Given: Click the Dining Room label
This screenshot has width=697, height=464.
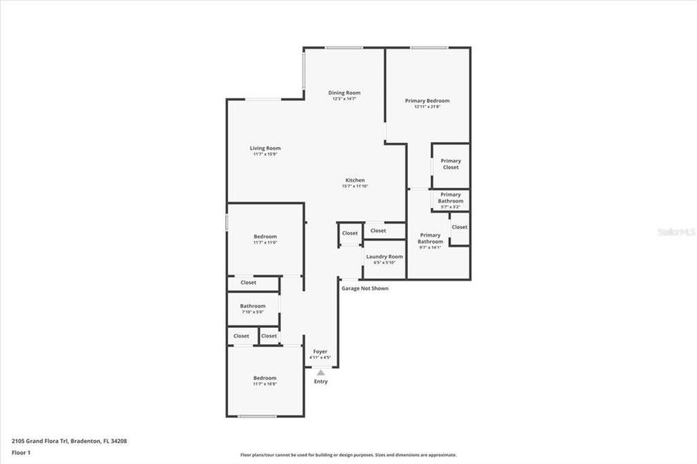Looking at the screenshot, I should click(x=344, y=93).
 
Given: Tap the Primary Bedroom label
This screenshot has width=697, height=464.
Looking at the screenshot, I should click(x=427, y=101).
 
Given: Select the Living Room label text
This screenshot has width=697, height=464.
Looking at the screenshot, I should click(x=265, y=148).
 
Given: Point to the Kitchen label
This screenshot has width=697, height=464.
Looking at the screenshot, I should click(x=354, y=180).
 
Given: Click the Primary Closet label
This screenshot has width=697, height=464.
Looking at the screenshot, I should click(x=450, y=164).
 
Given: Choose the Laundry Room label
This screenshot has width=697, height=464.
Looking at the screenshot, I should click(x=384, y=256).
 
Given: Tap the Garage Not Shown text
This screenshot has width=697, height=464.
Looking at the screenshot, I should click(x=365, y=288).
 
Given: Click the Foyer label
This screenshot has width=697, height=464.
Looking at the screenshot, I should click(x=320, y=351).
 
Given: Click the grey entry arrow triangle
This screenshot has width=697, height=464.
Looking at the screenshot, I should click(x=320, y=372).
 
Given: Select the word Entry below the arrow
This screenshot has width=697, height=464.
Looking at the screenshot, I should click(x=320, y=381).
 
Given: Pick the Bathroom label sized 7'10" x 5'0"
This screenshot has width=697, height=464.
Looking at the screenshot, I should click(x=252, y=305).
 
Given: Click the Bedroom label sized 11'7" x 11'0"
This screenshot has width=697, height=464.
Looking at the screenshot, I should click(x=265, y=237).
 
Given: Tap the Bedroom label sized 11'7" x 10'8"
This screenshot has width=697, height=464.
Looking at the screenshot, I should click(x=265, y=377).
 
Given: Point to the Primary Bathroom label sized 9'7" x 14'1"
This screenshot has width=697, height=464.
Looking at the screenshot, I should click(x=430, y=238).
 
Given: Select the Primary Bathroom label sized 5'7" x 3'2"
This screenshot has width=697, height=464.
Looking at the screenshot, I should click(x=450, y=198).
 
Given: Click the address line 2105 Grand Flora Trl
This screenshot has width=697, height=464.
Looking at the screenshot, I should click(x=69, y=441).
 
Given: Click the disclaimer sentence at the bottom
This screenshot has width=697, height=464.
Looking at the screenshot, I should click(x=348, y=455).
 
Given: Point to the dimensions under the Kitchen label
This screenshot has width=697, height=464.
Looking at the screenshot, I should click(x=354, y=186).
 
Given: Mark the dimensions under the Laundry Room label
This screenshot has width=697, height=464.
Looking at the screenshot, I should click(x=384, y=263).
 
